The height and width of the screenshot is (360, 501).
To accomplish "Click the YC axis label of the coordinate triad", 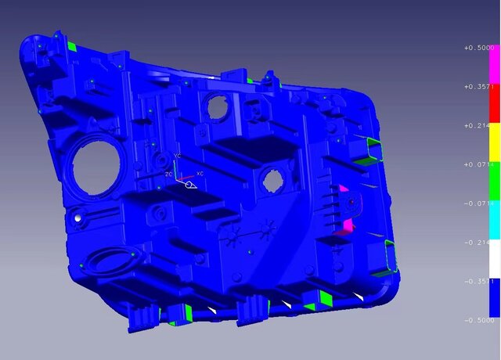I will click(x=178, y=157).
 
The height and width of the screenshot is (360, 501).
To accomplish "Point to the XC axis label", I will click(x=200, y=173).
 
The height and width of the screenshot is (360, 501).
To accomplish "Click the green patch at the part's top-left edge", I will click(x=71, y=48).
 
